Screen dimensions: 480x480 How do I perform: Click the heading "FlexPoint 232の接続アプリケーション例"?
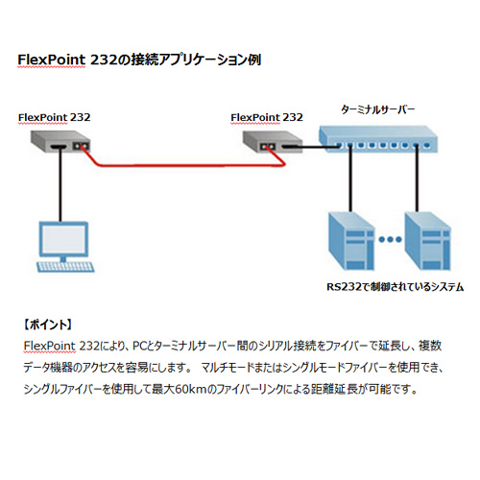pos(139,60)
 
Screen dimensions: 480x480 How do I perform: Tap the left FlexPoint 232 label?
pos(55,117)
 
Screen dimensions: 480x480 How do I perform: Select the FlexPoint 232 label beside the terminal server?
pos(267,117)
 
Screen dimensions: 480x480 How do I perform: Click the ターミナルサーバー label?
pos(378,109)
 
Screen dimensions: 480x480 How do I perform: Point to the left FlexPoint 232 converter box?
pos(60,141)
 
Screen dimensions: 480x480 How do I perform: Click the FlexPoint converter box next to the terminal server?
pos(273,141)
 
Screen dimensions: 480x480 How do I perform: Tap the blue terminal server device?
pos(378,138)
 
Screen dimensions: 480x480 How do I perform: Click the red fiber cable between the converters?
pos(189,165)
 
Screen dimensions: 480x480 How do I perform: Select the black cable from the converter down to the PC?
pos(60,184)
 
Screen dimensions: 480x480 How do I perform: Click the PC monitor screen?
pos(63,239)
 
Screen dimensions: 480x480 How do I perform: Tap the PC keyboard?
pos(66,267)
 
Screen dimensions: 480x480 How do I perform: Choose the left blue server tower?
pos(351,242)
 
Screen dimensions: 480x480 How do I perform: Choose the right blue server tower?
pos(427,242)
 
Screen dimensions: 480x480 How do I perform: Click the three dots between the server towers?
pos(390,239)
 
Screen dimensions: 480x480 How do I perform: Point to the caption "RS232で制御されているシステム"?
pos(395,286)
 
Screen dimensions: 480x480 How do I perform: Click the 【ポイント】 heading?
pos(48,324)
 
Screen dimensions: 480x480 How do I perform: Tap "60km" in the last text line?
pos(190,389)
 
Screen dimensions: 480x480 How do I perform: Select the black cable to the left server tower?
pos(350,180)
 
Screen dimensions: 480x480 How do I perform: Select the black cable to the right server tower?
pos(417,180)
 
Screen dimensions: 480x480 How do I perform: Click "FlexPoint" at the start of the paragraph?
pos(50,346)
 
